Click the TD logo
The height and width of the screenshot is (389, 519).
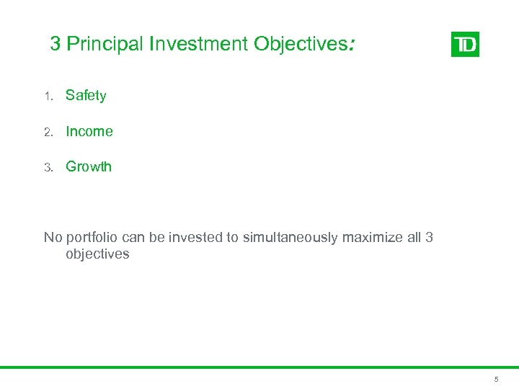(465, 45)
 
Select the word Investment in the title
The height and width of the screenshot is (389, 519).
(200, 45)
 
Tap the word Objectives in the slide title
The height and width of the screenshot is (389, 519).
(301, 45)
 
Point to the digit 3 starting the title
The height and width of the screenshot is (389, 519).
(56, 45)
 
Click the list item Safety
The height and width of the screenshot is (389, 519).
(86, 96)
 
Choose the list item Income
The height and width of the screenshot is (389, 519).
(89, 131)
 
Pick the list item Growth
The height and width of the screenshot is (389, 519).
(89, 166)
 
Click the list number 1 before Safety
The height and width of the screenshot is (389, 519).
(48, 97)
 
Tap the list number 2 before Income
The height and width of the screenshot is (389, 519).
(48, 132)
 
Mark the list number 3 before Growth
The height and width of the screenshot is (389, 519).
(48, 167)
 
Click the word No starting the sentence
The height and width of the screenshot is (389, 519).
(53, 238)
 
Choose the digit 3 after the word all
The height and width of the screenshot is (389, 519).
(429, 238)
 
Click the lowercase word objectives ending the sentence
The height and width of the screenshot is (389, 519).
(97, 254)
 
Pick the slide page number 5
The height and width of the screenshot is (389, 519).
(496, 379)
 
